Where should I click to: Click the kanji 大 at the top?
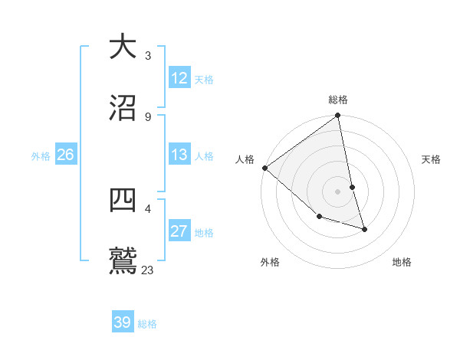pos(123,47)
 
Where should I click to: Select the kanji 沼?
pos(123,108)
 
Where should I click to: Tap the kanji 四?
pos(123,200)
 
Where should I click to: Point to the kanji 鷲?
pos(123,261)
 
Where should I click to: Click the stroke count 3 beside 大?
pos(147,56)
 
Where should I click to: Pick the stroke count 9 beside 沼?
pos(147,117)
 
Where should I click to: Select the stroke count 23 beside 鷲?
pos(148,270)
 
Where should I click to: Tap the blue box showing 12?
pos(179,78)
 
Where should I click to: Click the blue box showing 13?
pos(179,155)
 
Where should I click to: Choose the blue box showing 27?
pos(179,231)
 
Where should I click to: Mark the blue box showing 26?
pos(65,155)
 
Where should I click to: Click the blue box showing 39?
pos(123,322)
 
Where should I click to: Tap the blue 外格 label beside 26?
pos(41,155)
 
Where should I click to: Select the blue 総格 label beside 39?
pos(147,324)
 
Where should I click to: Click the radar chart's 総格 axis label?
pos(338,100)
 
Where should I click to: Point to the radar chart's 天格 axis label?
pos(431,159)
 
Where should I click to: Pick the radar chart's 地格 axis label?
pos(402,262)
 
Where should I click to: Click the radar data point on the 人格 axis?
pos(264,168)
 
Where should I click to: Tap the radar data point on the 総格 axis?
pos(337,116)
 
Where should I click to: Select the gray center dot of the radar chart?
pos(337,191)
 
